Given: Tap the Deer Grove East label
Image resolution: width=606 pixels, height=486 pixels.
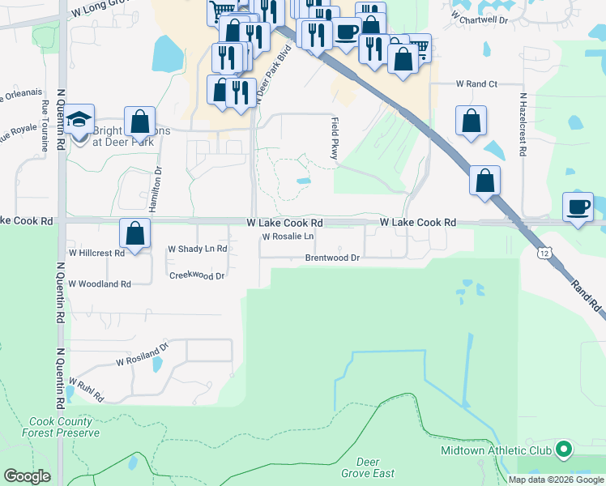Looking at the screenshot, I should coord(368,467).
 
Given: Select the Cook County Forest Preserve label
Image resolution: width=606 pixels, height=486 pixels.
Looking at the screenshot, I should coord(64,427).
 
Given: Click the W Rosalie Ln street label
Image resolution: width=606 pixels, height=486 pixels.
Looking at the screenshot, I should coord(287,237).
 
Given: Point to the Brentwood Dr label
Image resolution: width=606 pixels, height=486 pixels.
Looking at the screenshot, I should coord(331,258).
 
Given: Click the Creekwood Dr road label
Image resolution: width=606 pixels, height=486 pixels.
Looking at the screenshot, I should coord(196,275).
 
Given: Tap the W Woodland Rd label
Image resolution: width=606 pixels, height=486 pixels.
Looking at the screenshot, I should coord(99,284).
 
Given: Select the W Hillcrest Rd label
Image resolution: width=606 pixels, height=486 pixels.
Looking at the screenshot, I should coord(96,253).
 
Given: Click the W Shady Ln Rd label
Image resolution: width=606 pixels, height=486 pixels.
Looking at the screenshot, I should coord(197,249).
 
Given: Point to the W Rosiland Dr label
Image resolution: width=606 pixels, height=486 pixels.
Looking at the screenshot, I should coord(142,353).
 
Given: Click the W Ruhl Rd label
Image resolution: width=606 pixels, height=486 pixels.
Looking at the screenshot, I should coord(87,390).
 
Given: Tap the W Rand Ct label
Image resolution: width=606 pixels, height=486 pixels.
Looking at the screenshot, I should coord(476,84).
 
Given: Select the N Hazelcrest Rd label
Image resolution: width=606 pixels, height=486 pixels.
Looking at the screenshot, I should coord(523,123).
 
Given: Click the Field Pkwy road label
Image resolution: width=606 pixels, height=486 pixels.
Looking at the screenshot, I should coord(333,138).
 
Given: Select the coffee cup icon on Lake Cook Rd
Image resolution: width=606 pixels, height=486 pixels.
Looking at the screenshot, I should coord(578,207).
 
